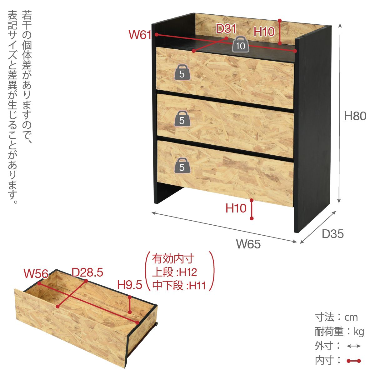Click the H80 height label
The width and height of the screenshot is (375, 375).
pyautogui.click(x=355, y=116)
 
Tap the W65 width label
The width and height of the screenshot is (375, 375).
pyautogui.click(x=248, y=244)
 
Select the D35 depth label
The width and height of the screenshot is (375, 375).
pyautogui.click(x=333, y=234)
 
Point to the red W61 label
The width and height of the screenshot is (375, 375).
pyautogui.click(x=140, y=35)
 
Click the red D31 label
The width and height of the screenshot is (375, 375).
pyautogui.click(x=226, y=29)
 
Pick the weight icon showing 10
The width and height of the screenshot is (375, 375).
pyautogui.click(x=241, y=44)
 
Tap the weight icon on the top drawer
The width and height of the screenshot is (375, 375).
pyautogui.click(x=182, y=72)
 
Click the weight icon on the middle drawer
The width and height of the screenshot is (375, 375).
pyautogui.click(x=182, y=118)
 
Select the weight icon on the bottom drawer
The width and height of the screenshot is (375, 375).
pyautogui.click(x=182, y=165)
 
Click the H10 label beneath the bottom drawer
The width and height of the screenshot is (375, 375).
pyautogui.click(x=236, y=208)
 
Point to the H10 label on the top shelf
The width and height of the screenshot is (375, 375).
pyautogui.click(x=264, y=32)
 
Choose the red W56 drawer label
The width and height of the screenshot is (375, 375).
pyautogui.click(x=36, y=273)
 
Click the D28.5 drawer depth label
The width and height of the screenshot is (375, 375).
pyautogui.click(x=87, y=272)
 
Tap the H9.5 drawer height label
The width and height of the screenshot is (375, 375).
pyautogui.click(x=130, y=285)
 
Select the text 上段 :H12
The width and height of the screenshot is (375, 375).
pyautogui.click(x=174, y=272)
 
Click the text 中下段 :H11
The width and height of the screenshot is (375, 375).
pyautogui.click(x=179, y=286)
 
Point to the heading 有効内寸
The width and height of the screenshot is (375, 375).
pyautogui.click(x=173, y=259)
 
